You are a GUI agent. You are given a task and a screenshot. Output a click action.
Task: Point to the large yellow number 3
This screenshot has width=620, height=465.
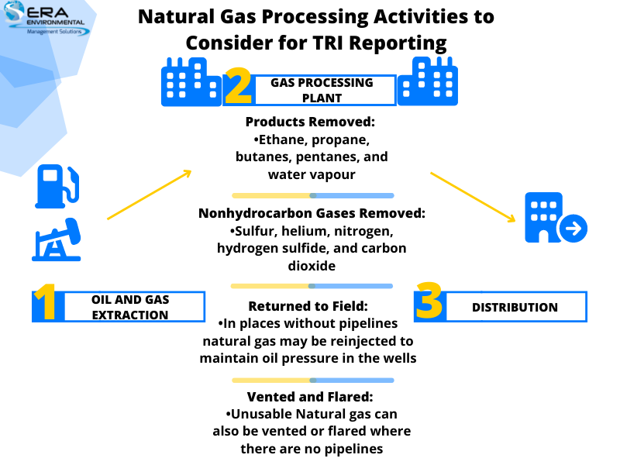pyautogui.click(x=429, y=303)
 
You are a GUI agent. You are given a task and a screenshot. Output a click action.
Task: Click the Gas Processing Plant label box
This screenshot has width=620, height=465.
pyautogui.click(x=322, y=90)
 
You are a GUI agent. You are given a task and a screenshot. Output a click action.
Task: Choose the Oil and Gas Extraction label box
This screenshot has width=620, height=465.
pyautogui.click(x=129, y=307)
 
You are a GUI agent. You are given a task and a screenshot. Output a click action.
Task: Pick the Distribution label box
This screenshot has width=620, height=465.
pyautogui.click(x=515, y=307)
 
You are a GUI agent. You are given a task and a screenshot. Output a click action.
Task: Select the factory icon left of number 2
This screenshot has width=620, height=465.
pyautogui.click(x=191, y=81)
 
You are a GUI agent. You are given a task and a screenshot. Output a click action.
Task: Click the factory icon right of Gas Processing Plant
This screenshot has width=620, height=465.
pyautogui.click(x=427, y=81)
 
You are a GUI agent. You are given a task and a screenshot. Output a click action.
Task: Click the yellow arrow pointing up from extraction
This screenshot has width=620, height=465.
pyautogui.click(x=149, y=195)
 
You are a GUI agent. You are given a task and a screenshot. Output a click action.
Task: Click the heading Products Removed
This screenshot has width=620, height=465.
pyautogui.click(x=310, y=122)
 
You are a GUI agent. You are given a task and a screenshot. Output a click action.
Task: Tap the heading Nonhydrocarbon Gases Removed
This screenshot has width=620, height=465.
pyautogui.click(x=312, y=214)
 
